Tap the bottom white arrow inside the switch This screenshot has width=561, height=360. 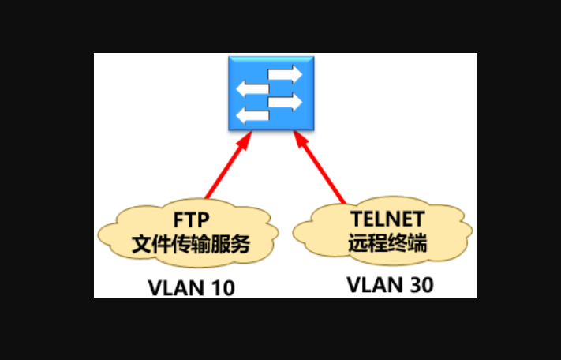(x=252, y=117)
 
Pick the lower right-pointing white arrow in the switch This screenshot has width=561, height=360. (x=286, y=103)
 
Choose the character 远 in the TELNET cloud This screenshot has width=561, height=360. (x=357, y=243)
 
